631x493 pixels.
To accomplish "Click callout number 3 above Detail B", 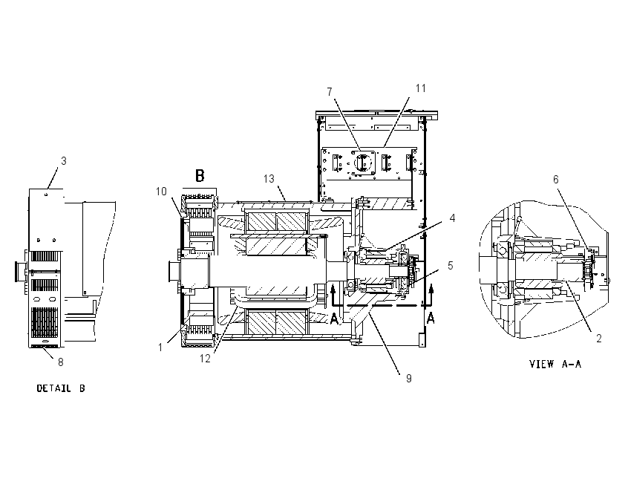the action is click(64, 161).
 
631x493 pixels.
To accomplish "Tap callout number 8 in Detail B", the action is click(61, 362).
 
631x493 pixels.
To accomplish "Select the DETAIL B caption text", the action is click(61, 388).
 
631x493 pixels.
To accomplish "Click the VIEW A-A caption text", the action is click(555, 365).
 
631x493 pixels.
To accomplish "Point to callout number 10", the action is click(161, 192).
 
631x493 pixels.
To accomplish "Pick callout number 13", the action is click(269, 179).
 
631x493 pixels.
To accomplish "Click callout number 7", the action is click(330, 92).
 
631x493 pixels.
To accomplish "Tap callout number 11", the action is click(420, 88).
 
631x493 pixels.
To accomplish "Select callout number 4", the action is click(452, 218).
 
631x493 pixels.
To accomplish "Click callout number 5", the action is click(451, 266).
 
